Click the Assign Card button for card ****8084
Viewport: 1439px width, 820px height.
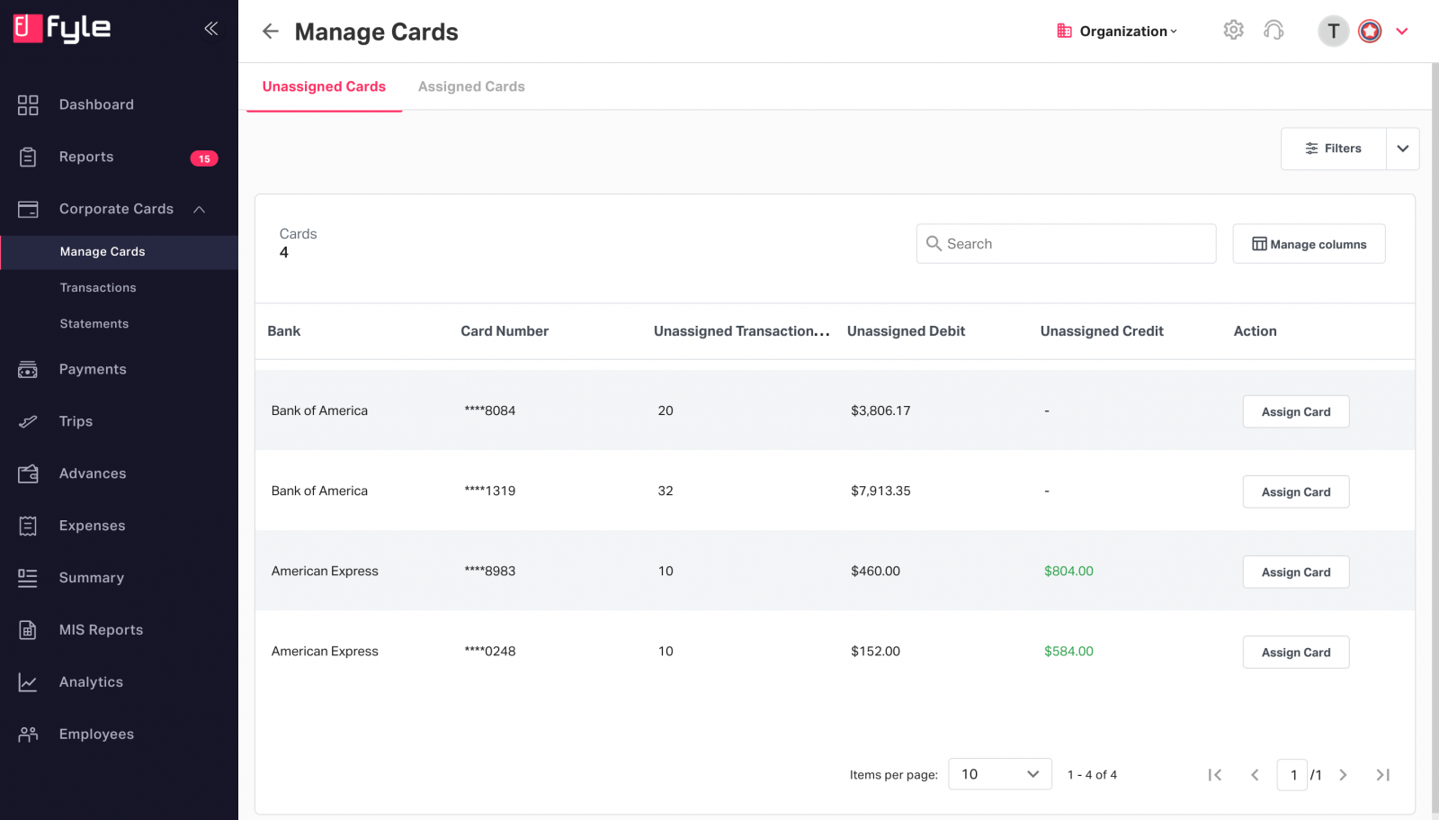[x=1295, y=411]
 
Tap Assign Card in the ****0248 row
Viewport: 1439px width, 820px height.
[x=1295, y=652]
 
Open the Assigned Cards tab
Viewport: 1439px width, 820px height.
[x=471, y=86]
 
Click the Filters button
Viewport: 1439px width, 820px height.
[x=1333, y=149]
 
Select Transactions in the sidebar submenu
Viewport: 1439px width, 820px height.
[x=98, y=288]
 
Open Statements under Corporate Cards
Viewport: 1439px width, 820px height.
[x=94, y=324]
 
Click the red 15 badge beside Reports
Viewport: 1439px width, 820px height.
[x=204, y=158]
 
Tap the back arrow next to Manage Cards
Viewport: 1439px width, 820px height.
[x=271, y=32]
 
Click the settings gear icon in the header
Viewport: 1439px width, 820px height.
[x=1233, y=30]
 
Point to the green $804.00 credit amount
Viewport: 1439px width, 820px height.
[x=1068, y=571]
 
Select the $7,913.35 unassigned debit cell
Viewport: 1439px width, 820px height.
[x=880, y=491]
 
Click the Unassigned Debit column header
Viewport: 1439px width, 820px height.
[x=906, y=331]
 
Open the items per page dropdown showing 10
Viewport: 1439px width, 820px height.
[x=999, y=774]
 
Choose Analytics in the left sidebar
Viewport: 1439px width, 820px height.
[x=91, y=682]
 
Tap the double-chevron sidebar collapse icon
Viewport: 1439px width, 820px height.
[x=211, y=29]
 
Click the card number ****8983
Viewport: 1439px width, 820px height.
[x=490, y=571]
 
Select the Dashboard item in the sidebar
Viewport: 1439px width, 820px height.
[x=96, y=104]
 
